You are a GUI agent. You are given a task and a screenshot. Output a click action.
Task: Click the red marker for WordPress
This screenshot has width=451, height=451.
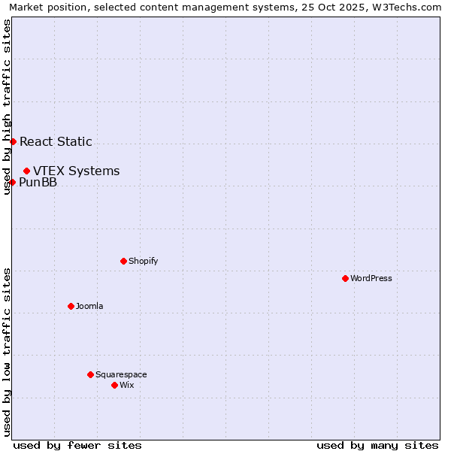coord(345,278)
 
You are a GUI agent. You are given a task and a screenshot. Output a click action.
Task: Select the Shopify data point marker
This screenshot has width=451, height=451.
coord(123,261)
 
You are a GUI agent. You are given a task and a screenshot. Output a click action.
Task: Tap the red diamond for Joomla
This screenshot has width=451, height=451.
coord(71,306)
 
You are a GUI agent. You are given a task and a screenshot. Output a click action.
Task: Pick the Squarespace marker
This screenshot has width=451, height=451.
coord(90,374)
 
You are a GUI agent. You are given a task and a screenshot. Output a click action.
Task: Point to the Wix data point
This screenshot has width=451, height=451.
coord(114,385)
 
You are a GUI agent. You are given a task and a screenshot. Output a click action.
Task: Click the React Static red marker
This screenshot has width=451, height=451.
coord(13,141)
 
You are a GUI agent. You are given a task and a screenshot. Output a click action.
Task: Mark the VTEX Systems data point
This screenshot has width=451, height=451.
coord(26,171)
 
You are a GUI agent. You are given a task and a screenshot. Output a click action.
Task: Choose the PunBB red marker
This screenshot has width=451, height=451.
coord(12,182)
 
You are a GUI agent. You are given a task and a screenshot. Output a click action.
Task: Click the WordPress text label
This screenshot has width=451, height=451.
coord(371,278)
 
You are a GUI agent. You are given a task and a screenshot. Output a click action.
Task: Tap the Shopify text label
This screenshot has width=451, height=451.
coord(143,261)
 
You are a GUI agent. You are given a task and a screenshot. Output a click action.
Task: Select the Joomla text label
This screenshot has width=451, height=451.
coord(89,306)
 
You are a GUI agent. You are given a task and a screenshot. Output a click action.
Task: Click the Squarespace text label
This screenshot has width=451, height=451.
coord(121,374)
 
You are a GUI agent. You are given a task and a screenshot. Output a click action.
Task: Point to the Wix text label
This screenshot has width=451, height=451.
coord(126,385)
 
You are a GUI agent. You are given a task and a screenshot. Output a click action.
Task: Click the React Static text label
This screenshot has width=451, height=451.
coord(56,141)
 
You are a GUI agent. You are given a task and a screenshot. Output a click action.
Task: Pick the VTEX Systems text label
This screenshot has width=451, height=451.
coord(76,171)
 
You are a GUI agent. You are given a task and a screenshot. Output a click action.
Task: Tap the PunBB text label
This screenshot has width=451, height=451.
coord(38,182)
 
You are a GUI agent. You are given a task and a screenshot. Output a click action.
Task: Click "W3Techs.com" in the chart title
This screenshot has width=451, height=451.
coord(409,8)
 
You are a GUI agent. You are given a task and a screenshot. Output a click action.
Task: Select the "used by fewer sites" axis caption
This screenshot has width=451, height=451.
coord(77,445)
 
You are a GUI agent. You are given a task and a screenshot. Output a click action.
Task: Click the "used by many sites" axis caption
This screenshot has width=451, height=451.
coord(377,445)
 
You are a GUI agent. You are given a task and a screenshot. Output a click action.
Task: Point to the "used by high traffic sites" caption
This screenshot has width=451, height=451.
coord(7,107)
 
